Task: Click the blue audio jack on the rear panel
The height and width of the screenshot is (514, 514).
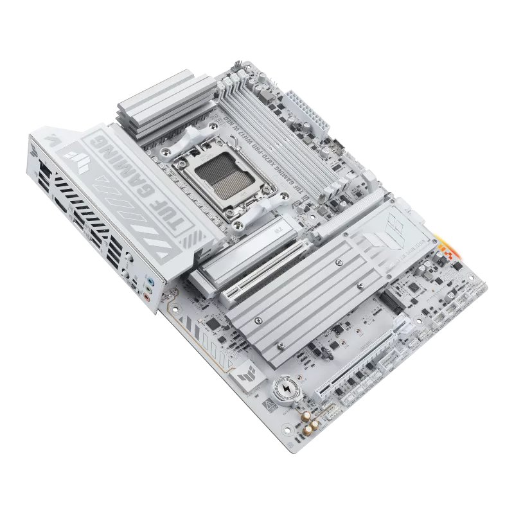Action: pyautogui.click(x=149, y=280)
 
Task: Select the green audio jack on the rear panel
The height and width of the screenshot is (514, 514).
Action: pyautogui.click(x=148, y=289)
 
